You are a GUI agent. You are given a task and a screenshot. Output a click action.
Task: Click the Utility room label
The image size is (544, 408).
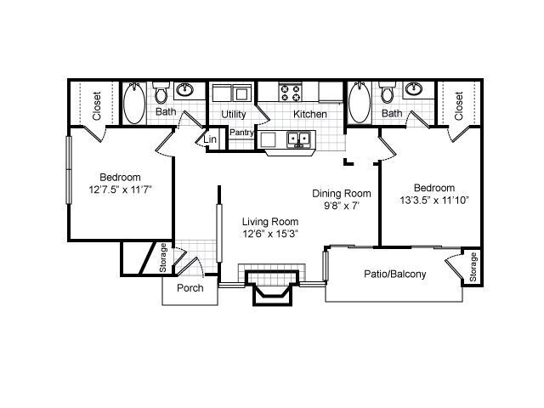coord(233,114)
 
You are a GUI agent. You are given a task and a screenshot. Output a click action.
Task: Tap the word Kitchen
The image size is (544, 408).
coord(310,114)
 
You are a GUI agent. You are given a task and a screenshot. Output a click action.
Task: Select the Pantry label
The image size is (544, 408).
coord(241,133)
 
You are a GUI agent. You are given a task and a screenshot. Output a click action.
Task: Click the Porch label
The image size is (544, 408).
coord(189,287)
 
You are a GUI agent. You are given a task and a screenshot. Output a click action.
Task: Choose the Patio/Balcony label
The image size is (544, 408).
coord(394,274)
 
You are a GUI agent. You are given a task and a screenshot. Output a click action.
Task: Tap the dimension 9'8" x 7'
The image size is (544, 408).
coord(341,205)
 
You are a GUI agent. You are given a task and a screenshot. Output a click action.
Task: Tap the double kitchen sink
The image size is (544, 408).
coord(297,138)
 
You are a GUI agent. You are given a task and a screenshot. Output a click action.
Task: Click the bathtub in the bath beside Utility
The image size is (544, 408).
coord(135,105)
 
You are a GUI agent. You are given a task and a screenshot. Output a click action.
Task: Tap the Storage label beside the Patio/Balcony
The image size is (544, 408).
coord(473,268)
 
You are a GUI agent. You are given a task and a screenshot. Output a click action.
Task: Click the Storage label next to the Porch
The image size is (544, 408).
coord(162,259)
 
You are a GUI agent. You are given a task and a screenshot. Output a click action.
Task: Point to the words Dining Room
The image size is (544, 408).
coord(340,193)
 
